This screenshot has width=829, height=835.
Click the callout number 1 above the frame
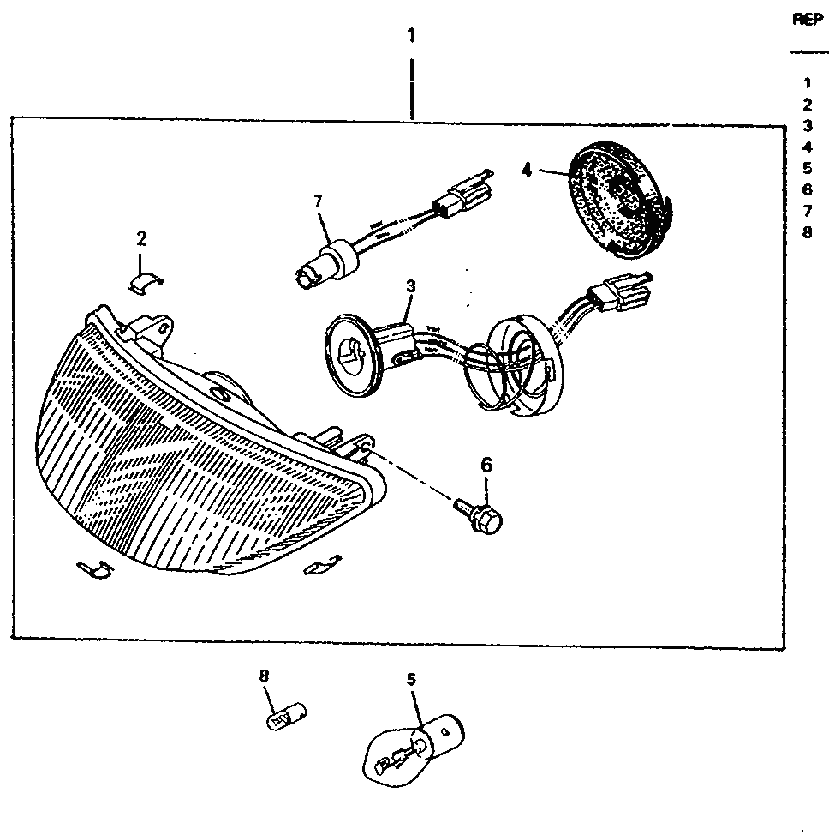pos(411,36)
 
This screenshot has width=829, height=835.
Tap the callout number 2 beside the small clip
pos(141,238)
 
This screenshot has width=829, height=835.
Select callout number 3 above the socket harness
pos(411,286)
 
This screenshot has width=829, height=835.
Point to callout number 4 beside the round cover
pos(526,171)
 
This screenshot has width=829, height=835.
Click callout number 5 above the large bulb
pos(411,680)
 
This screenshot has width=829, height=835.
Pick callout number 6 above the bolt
pos(486,465)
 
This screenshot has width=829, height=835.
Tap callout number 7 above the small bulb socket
pos(318,201)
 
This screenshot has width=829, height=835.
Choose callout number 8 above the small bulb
pos(264,676)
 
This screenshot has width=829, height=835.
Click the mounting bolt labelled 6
pos(479,516)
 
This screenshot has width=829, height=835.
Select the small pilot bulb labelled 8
pos(287,716)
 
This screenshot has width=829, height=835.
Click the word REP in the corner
pos(808,20)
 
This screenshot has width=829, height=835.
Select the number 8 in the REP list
pos(808,232)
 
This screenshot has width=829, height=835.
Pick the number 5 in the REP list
pos(808,169)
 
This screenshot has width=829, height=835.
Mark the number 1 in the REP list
pos(808,83)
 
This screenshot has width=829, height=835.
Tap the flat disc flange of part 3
pos(354,355)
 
